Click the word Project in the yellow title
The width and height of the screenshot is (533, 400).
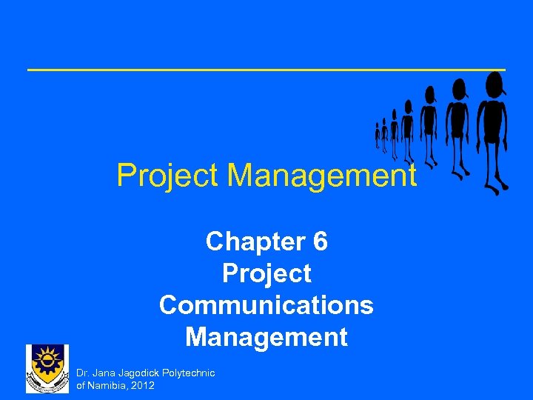coord(167,176)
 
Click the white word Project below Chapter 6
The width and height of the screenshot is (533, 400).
coord(266,273)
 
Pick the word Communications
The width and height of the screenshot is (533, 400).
coord(266,305)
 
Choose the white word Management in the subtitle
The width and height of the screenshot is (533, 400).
coord(266,337)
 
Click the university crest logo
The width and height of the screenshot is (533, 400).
coord(47,368)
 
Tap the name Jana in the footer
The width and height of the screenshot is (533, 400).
coord(104,373)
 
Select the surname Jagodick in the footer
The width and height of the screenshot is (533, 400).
coord(141,373)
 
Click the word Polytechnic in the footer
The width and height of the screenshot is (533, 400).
coord(191,373)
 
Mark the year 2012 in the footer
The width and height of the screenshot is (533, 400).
coord(142,385)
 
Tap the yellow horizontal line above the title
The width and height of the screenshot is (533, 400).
coord(266,70)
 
